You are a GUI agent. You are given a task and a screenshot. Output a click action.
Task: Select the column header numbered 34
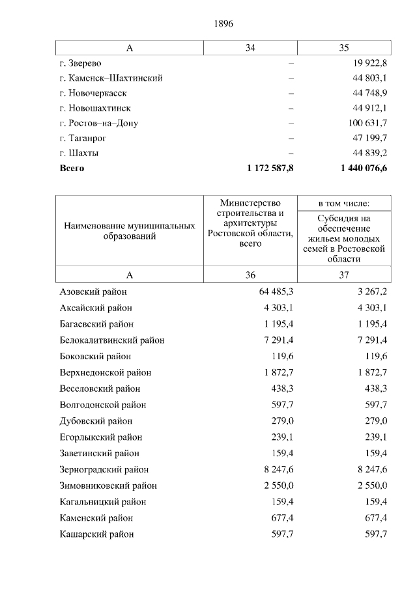point(250,48)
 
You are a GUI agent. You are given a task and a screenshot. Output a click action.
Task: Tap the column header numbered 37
point(344,275)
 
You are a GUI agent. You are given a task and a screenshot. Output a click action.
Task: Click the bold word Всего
point(72,168)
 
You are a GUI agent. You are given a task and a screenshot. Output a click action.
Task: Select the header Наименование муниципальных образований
point(130,231)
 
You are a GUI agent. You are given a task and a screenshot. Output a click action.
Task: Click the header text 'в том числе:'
point(344,204)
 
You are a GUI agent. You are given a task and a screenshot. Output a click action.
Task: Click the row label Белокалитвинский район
point(111,340)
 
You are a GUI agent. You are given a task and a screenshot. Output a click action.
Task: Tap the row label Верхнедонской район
point(105,372)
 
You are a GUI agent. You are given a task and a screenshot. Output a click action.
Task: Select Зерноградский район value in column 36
point(278,469)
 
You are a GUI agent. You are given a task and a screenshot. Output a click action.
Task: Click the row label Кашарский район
point(96,534)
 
